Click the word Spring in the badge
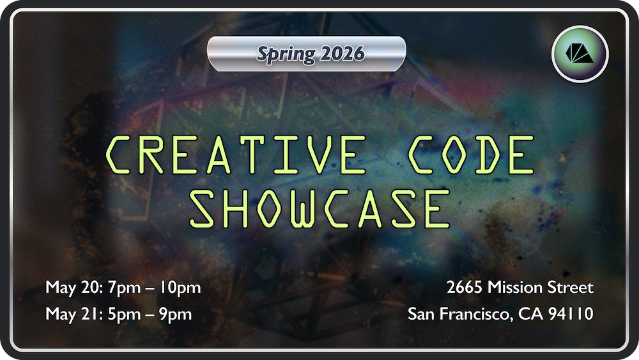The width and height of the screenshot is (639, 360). (x=286, y=54)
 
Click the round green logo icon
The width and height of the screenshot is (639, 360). (x=580, y=54)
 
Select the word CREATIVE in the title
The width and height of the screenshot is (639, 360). (x=236, y=155)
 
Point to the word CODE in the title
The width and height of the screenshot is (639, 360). (x=472, y=155)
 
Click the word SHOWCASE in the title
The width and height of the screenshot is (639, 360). (x=320, y=208)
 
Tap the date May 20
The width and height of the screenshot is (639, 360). (x=73, y=288)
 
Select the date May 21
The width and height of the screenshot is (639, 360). (x=73, y=315)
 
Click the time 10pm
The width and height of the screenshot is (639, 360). (x=180, y=288)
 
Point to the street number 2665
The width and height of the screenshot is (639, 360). (x=465, y=288)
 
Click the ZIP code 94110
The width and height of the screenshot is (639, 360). (x=571, y=314)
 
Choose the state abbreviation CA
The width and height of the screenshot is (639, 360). (x=530, y=314)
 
